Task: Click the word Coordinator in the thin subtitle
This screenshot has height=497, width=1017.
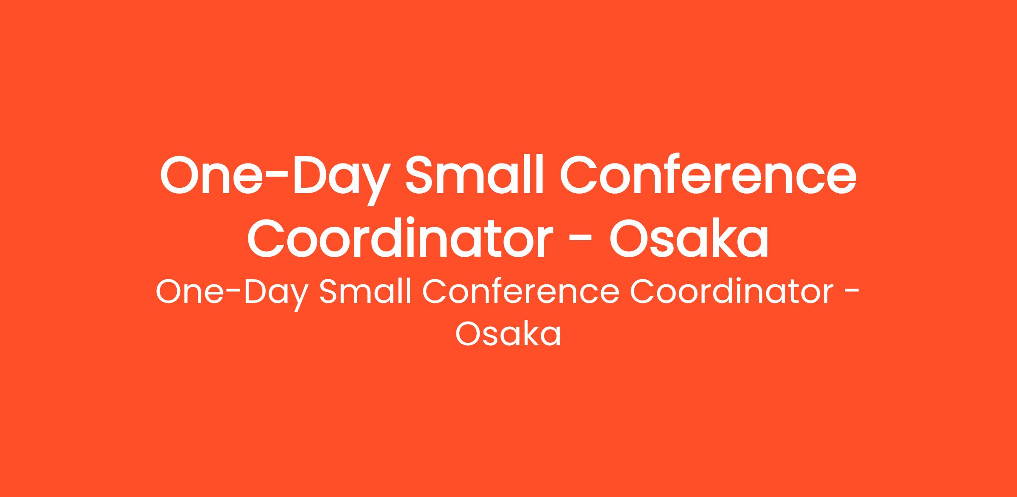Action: (x=732, y=292)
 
